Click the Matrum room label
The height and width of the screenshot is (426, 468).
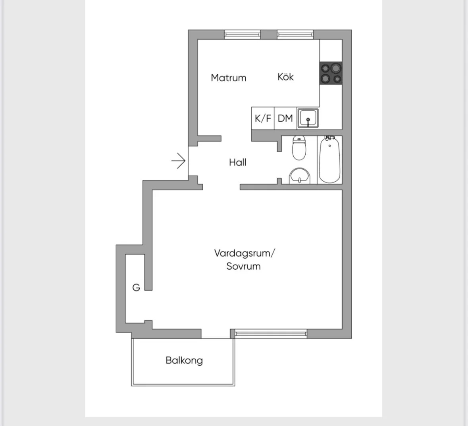228,78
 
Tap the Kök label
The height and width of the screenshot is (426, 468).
285,77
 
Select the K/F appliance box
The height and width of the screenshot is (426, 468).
263,118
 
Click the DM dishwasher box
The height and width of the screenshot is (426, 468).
285,118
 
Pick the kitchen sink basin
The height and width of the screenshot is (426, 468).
308,118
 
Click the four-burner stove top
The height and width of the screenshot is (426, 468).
331,73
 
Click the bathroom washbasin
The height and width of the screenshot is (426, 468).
299,175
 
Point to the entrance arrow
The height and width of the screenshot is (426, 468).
178,161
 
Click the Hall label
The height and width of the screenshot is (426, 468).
237,162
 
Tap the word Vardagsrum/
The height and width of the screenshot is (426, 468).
244,253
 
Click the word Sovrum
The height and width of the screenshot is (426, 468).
243,266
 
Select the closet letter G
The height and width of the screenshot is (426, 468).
136,288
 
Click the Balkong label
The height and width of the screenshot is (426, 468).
184,361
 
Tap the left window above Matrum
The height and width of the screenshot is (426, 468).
243,35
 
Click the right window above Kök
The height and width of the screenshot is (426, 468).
295,35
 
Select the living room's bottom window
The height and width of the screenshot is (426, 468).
271,334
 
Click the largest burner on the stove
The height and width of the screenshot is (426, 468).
336,68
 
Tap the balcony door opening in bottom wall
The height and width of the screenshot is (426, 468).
216,334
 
